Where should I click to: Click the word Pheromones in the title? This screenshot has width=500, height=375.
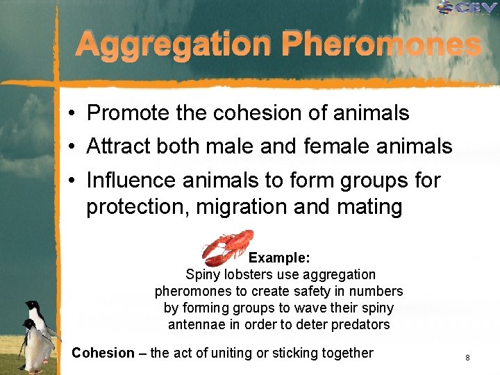click(x=381, y=44)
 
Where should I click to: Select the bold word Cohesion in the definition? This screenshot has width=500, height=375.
click(x=103, y=353)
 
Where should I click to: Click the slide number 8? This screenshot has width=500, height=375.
click(x=468, y=358)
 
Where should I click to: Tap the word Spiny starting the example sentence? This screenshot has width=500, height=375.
click(x=202, y=274)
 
